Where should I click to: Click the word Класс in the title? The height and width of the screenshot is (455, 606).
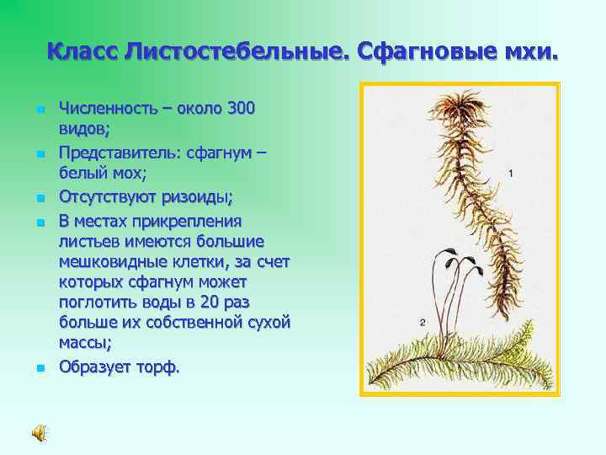coord(82,52)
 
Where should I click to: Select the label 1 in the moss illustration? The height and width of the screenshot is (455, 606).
coord(511,173)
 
